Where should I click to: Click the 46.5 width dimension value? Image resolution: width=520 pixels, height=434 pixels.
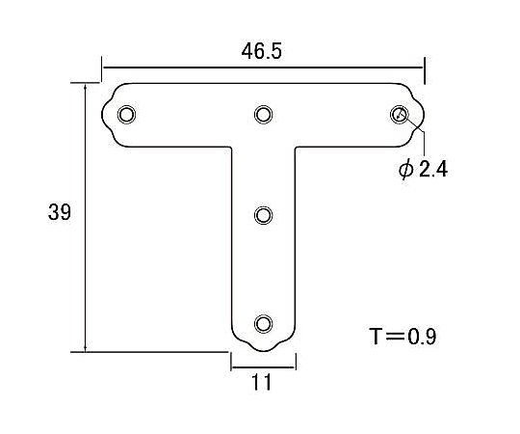click(262, 52)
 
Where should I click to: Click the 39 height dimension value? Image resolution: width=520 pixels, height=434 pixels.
click(59, 213)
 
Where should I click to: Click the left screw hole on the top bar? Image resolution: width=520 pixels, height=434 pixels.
click(126, 116)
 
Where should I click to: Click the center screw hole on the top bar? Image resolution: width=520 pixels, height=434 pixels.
click(263, 116)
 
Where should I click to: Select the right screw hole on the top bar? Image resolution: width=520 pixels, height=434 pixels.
click(400, 116)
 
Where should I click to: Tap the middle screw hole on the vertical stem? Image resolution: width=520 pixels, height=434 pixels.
click(263, 215)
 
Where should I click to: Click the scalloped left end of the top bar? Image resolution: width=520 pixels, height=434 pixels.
click(107, 117)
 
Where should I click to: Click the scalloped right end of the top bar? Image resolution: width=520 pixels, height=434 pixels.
click(419, 117)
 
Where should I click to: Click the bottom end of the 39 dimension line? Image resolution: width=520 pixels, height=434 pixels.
click(87, 351)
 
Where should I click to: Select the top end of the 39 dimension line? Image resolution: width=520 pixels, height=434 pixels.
click(87, 84)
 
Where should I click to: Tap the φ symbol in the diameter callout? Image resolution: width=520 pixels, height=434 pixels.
click(405, 170)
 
